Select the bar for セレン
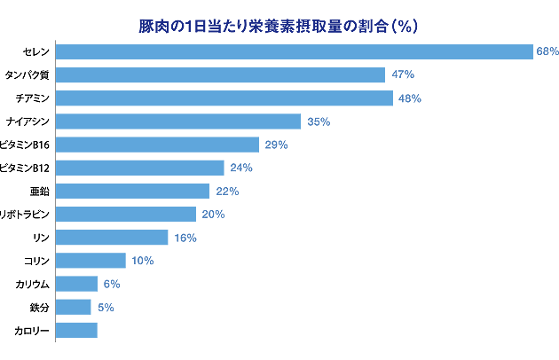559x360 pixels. tap(294, 51)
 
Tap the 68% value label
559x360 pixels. tap(547, 51)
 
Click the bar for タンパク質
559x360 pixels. tap(220, 74)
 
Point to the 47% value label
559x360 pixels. tap(403, 74)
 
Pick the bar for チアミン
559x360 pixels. tap(224, 98)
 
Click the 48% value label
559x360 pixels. tap(409, 98)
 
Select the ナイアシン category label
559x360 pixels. tap(28, 121)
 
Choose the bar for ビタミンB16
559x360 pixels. tap(157, 145)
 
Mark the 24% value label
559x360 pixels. tap(241, 168)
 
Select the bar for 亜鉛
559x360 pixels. tap(132, 191)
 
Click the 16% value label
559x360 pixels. tap(185, 238)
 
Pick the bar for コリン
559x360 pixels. tap(91, 261)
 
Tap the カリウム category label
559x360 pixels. tap(32, 284)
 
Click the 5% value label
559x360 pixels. tap(104, 307)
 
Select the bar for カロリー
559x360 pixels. tap(76, 330)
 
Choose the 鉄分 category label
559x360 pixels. tap(37, 307)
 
